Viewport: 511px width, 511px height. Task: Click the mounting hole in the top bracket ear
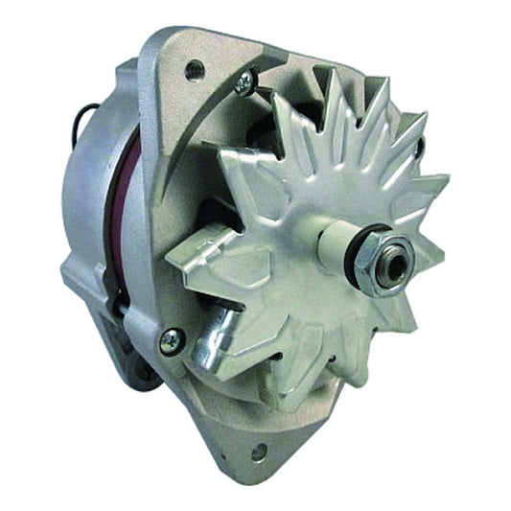196,68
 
